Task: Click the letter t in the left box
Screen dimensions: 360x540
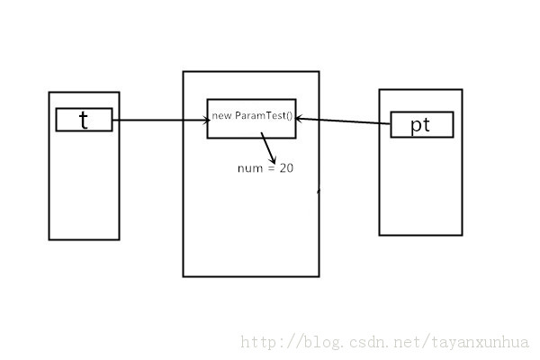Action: point(84,120)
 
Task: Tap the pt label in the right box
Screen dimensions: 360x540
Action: point(420,125)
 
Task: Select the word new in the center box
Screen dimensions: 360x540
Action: point(221,117)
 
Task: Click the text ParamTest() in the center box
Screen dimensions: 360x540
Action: point(265,117)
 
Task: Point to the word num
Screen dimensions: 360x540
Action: point(249,168)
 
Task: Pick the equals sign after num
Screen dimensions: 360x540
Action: point(270,168)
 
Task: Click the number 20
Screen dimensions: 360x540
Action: point(286,168)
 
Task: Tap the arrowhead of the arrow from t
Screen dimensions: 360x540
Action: point(204,120)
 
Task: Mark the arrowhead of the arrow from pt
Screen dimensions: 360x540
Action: point(300,118)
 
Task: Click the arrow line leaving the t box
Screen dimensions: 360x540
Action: point(157,120)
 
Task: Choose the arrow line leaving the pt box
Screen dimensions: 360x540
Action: point(346,121)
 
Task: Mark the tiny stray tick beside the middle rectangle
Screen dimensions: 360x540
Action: point(318,191)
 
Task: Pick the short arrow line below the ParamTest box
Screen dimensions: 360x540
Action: point(267,146)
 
